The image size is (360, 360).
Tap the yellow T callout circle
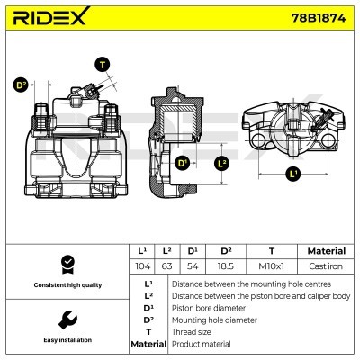point(102,64)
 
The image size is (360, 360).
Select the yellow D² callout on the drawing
point(21,85)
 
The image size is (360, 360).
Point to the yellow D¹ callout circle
point(183,164)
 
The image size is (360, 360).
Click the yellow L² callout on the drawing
point(222,164)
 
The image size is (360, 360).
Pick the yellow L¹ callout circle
point(292,173)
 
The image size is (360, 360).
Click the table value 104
point(141,267)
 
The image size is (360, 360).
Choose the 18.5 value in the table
point(227,267)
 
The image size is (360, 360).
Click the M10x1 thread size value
point(271,267)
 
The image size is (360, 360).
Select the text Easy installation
point(66,341)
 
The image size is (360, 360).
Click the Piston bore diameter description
point(207,306)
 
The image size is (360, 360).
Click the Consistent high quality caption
point(66,285)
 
